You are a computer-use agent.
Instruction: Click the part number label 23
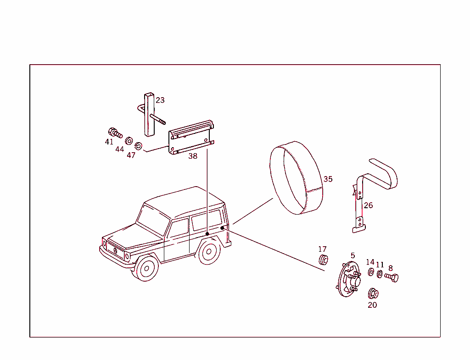click(x=160, y=100)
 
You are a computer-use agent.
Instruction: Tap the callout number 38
click(x=193, y=156)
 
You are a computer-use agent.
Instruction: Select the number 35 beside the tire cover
click(x=328, y=179)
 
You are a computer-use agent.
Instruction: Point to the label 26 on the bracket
click(x=368, y=205)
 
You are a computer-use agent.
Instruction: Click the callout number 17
click(x=323, y=249)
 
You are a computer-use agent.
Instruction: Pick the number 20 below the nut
click(x=372, y=305)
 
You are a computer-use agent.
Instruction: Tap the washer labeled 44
click(x=129, y=140)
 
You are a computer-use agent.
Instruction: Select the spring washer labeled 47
click(x=139, y=146)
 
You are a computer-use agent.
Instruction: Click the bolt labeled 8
click(x=392, y=277)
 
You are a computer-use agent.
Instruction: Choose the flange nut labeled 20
click(x=373, y=293)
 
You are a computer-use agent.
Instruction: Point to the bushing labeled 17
click(x=323, y=260)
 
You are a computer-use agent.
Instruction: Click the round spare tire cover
click(x=294, y=179)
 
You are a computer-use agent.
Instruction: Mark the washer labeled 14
click(x=371, y=272)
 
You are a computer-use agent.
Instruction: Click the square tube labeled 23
click(x=150, y=115)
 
